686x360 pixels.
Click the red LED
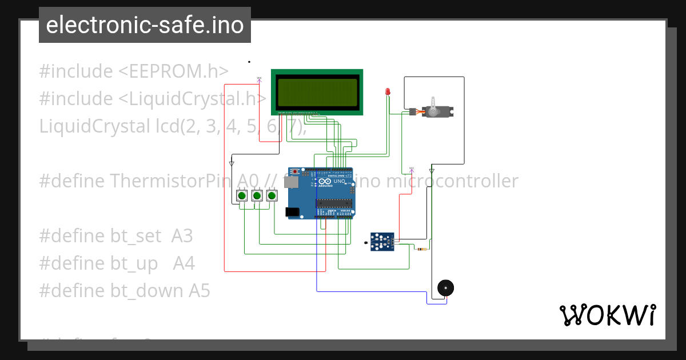(x=388, y=91)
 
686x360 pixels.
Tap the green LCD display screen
(x=317, y=91)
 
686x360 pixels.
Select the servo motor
(x=437, y=110)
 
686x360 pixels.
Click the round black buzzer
(x=445, y=288)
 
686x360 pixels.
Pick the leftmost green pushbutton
(x=242, y=196)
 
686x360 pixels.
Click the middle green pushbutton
(x=257, y=196)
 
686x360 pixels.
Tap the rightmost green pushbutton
(x=272, y=196)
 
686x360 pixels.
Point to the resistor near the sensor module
(x=422, y=249)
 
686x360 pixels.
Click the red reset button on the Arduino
(x=294, y=171)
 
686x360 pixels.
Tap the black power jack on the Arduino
(x=292, y=212)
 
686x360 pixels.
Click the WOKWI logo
(x=607, y=315)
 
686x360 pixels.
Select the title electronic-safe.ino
(x=145, y=25)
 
